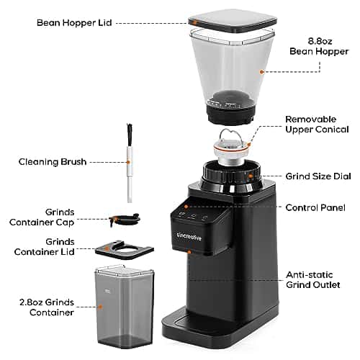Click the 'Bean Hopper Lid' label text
coord(74,23)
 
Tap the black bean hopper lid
coord(233,21)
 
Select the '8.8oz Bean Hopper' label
coord(319,46)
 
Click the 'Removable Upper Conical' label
coord(317,125)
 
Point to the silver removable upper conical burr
coord(231,148)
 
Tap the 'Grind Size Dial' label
coord(318,176)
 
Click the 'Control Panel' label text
coord(315,208)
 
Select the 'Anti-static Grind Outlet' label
coord(313,280)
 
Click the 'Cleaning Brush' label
coord(53,162)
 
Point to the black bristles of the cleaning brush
coord(130,135)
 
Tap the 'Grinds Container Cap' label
coord(42,217)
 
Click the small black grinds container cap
coord(125,219)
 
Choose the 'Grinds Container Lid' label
coord(45,247)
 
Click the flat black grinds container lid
coord(125,251)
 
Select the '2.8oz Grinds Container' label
coord(47,307)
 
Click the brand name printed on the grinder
coord(189,237)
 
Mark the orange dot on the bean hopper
coord(262,71)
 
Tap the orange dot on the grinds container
coord(101,307)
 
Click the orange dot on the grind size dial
coord(251,176)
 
